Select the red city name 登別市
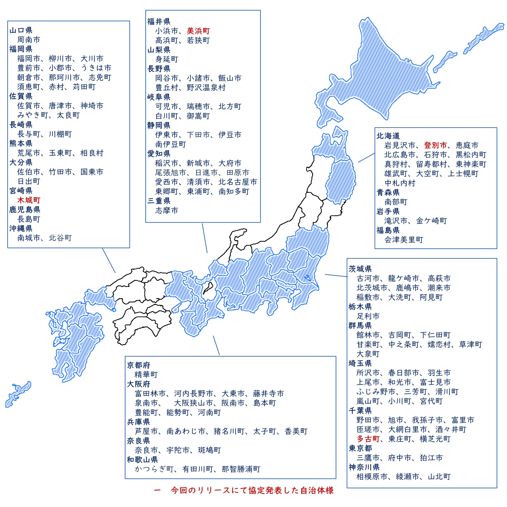click(435, 145)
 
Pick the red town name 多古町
click(368, 439)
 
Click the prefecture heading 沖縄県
click(21, 228)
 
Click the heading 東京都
click(360, 448)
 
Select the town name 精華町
click(146, 375)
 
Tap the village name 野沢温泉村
click(206, 88)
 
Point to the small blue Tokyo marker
click(307, 277)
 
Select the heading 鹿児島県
click(25, 209)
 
